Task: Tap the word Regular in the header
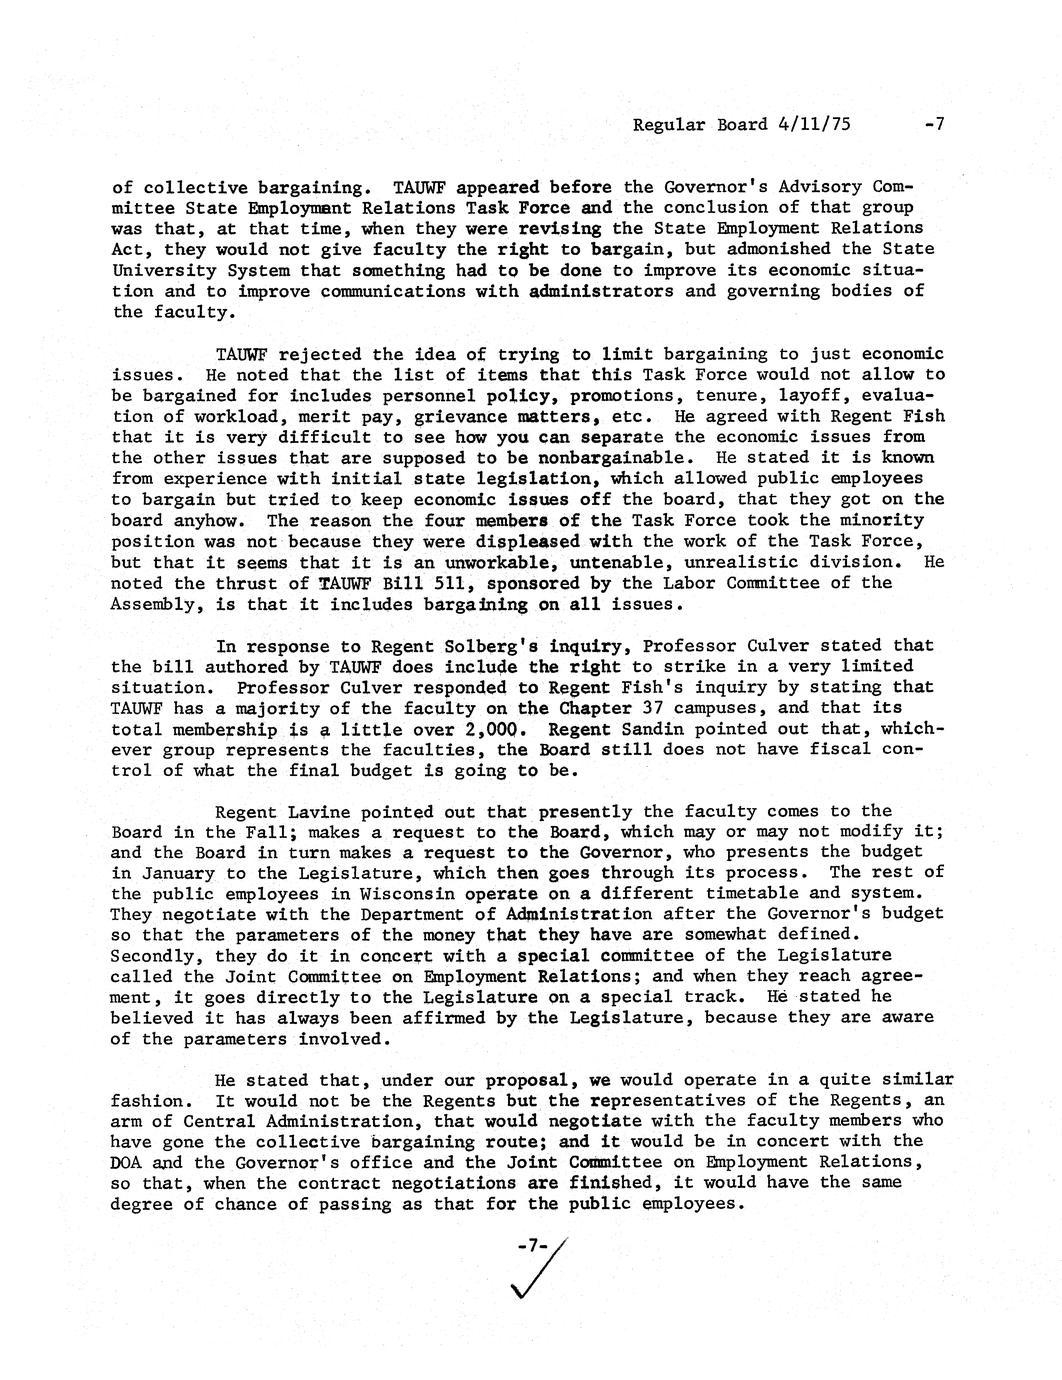[669, 125]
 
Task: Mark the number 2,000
[482, 729]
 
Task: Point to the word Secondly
[148, 955]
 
